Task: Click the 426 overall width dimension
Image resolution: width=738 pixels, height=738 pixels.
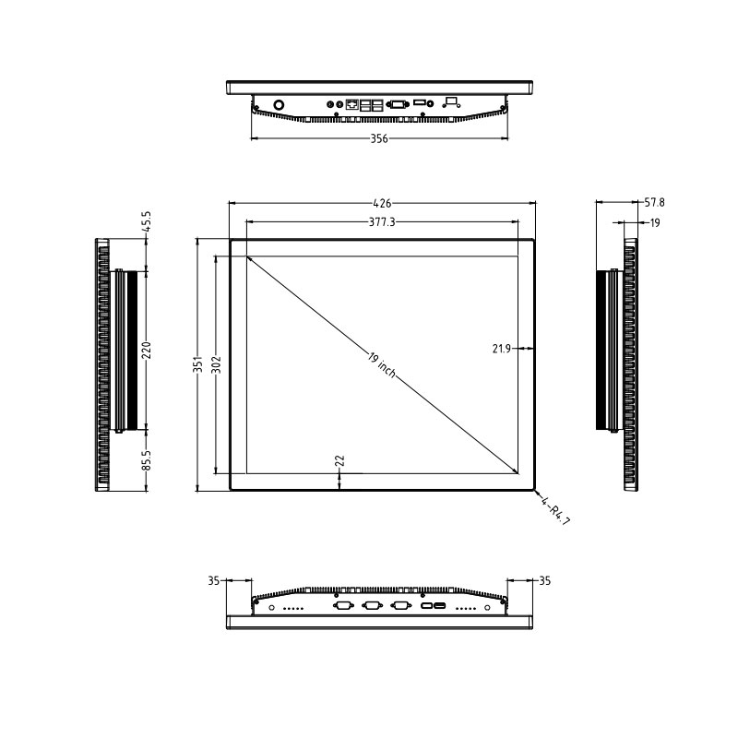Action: tap(383, 203)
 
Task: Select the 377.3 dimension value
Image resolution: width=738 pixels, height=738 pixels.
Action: tap(383, 222)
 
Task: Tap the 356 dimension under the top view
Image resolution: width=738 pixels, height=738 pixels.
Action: tap(379, 139)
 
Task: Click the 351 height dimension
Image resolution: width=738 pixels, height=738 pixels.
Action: tap(197, 365)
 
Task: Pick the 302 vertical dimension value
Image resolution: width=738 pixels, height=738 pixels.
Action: tap(216, 364)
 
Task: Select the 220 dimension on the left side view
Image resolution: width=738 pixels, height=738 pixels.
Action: tap(146, 351)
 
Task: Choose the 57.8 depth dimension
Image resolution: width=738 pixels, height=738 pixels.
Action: tap(654, 201)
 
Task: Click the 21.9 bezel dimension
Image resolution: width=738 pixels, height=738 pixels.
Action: tap(501, 349)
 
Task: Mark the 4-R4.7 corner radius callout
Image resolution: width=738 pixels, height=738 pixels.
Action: tap(556, 511)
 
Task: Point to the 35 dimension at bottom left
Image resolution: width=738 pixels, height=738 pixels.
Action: tap(214, 581)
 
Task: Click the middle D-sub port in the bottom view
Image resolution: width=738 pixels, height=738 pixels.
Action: tap(373, 606)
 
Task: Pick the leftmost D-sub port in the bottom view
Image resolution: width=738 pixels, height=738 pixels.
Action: tap(343, 606)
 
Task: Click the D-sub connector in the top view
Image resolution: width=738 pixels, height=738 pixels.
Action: tap(398, 104)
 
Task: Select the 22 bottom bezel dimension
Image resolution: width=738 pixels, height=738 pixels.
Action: tap(339, 459)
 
